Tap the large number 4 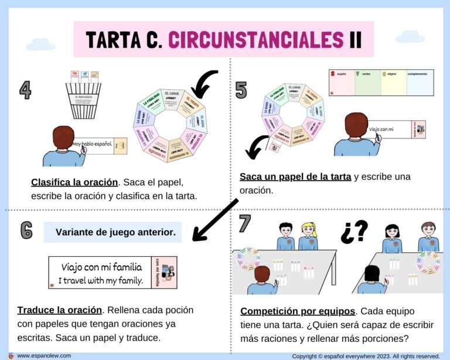tap(25, 90)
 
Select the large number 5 tap(241, 90)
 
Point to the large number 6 tap(26, 230)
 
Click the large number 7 tap(244, 223)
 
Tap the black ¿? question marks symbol tap(354, 232)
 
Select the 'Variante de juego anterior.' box tap(113, 232)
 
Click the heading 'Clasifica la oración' tap(74, 182)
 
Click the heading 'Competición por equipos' tap(298, 311)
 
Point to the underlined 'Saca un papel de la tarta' tap(295, 176)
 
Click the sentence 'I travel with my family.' tap(101, 280)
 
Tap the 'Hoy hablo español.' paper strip tap(93, 144)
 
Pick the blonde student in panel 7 tap(308, 236)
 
